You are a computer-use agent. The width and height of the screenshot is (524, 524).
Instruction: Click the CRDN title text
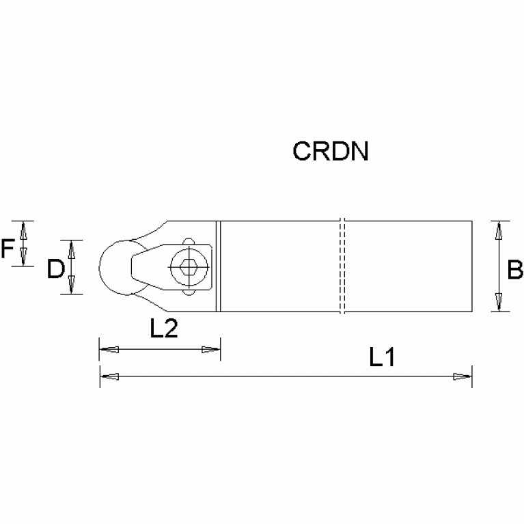coord(331,151)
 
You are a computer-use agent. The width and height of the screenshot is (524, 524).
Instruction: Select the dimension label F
coord(8,249)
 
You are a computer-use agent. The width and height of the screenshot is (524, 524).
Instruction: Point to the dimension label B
coord(514,271)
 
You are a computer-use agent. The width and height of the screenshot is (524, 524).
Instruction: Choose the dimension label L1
coord(383,357)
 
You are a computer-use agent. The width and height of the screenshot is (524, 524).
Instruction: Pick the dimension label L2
coord(164,329)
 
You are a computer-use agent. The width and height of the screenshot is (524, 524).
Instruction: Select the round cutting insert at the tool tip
coord(115,267)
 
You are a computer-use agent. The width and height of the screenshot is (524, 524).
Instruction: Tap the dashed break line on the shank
coord(342,266)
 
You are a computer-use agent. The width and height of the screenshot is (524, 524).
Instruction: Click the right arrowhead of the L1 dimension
coord(463,376)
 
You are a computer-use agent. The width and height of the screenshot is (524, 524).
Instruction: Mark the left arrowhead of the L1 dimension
coord(109,376)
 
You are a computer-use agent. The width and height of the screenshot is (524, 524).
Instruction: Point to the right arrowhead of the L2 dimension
coord(210,350)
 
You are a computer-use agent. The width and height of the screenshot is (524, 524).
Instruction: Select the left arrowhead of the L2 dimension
coord(109,350)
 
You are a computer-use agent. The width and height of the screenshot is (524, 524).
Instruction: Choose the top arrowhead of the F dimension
coord(24,230)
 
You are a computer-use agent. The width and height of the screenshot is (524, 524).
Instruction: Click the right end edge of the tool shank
coord(472,266)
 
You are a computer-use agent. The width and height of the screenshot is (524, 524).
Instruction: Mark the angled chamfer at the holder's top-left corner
coord(161,227)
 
